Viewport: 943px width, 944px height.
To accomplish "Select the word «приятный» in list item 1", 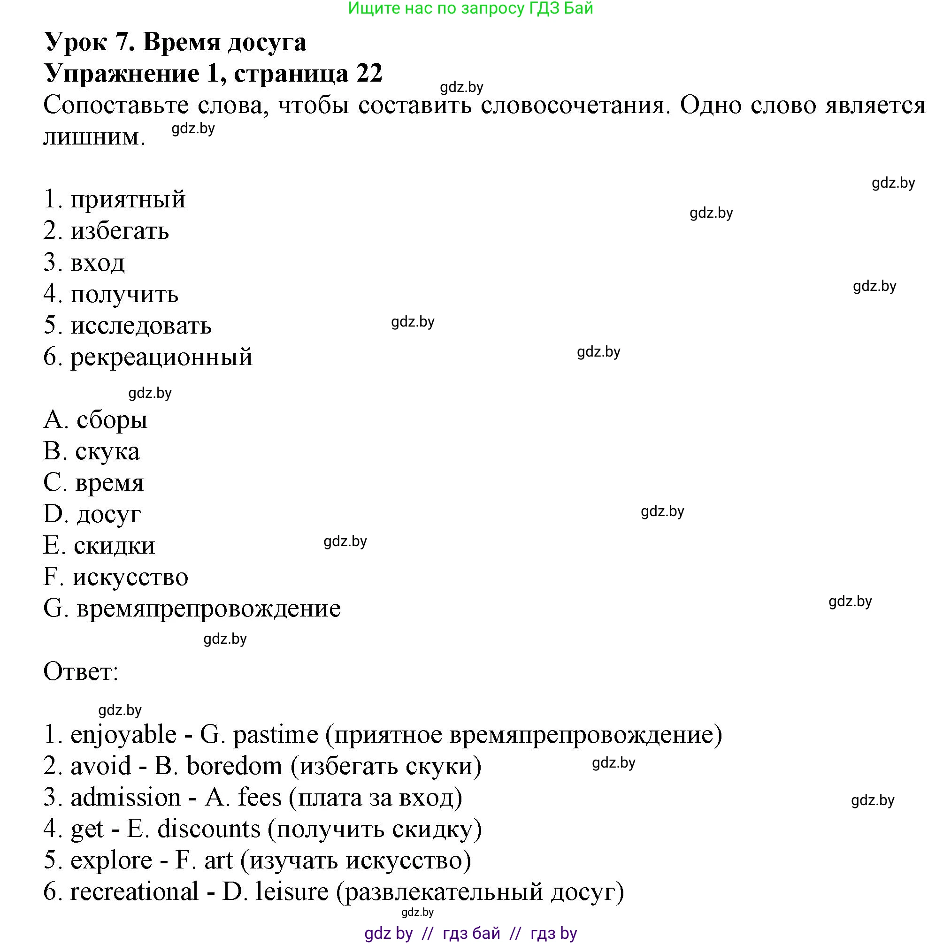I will point(128,200).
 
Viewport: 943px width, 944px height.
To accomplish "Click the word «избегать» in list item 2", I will point(120,231).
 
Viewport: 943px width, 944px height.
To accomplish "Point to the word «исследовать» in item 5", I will point(141,326).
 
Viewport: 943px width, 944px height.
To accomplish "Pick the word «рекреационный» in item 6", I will point(161,357).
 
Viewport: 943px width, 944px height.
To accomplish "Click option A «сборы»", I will point(112,420).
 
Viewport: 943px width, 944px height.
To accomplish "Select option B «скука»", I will point(107,451).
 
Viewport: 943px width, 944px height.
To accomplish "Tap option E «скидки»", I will point(115,546).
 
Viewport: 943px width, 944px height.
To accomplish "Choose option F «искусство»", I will point(130,578).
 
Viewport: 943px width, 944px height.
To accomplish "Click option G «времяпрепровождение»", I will point(209,609).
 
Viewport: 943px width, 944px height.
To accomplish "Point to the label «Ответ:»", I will point(81,672).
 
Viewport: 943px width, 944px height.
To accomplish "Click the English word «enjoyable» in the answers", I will point(123,735).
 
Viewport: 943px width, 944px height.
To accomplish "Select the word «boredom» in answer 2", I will point(235,766).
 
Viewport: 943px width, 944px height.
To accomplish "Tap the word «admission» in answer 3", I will point(126,798).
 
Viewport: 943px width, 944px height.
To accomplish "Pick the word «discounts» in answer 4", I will point(209,829).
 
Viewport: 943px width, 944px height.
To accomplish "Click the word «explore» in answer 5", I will point(111,860).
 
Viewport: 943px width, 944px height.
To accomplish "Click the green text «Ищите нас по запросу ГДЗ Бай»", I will point(470,8).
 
